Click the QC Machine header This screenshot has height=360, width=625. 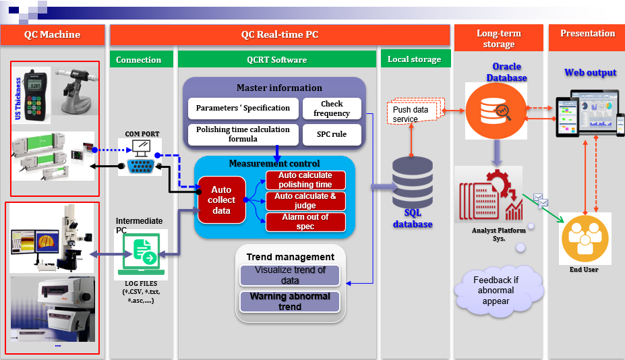[x=52, y=35]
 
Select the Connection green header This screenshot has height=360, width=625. [x=139, y=59]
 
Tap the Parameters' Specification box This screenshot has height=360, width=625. [x=243, y=108]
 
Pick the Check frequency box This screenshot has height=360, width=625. [x=332, y=109]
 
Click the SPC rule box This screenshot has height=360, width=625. [x=332, y=134]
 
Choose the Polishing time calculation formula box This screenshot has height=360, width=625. [x=243, y=134]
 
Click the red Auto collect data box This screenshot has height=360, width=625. [x=221, y=200]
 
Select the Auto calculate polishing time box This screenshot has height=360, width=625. [x=305, y=180]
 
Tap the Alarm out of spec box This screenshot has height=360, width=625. [x=305, y=222]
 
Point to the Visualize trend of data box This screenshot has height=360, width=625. [x=290, y=275]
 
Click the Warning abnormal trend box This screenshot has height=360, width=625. [x=290, y=301]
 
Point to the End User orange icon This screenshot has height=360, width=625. [x=585, y=237]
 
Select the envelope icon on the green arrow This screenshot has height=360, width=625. [x=541, y=200]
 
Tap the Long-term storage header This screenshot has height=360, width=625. [x=499, y=38]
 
